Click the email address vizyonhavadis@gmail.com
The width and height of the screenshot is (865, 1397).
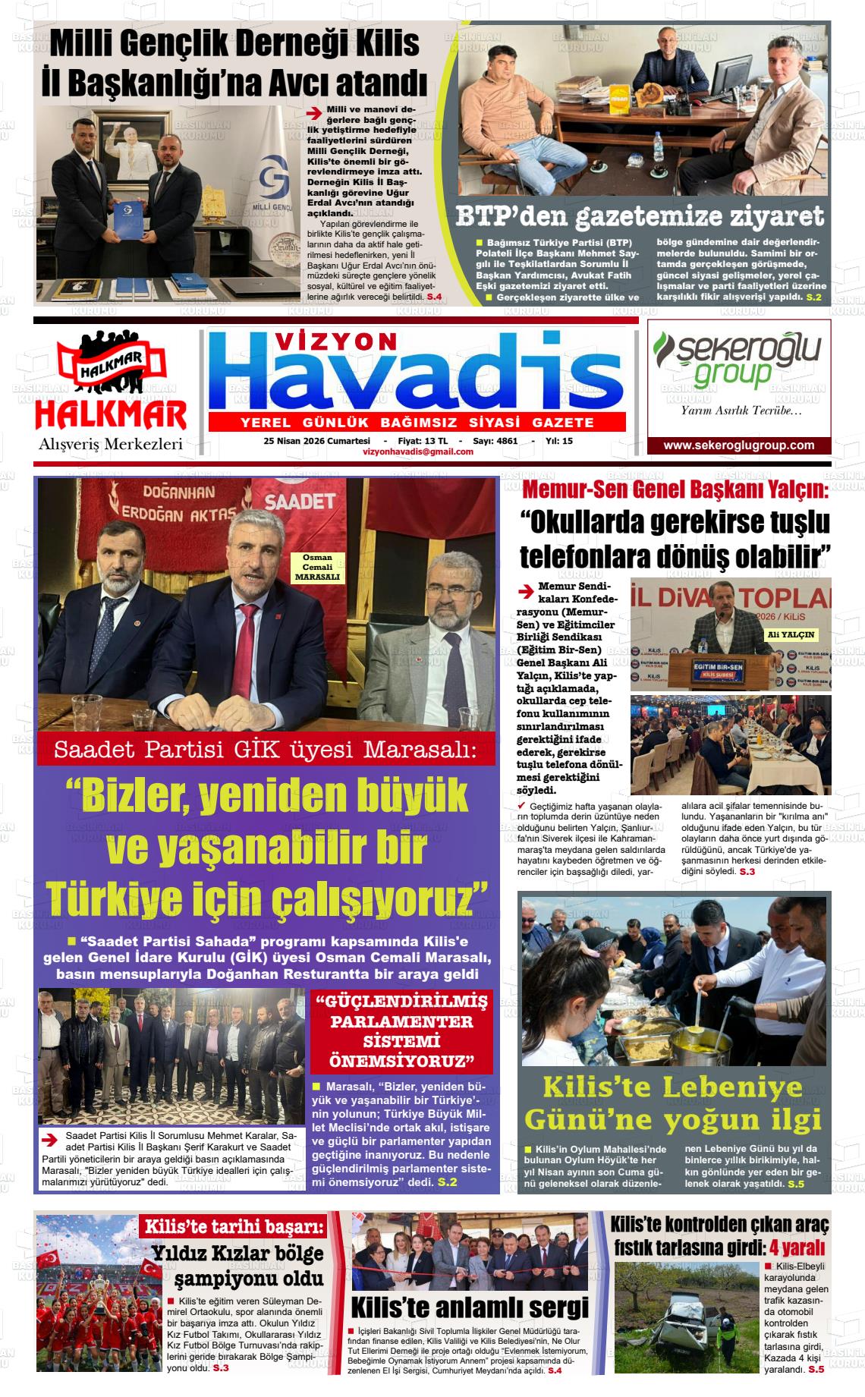coord(418,452)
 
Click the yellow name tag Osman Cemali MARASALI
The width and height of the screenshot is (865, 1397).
coord(317,568)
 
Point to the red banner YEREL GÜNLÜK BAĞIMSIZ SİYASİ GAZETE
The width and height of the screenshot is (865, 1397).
coord(417,423)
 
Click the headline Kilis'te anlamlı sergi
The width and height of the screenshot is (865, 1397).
coord(470,1308)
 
